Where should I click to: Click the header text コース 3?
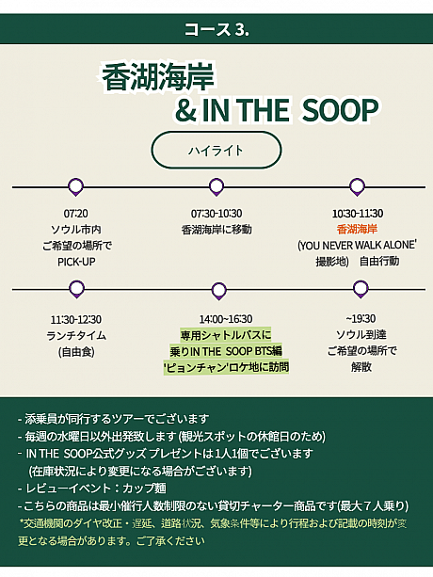(x=216, y=29)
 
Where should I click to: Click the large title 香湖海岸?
(x=158, y=77)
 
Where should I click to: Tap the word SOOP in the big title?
(x=340, y=110)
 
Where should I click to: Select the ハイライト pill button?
(x=216, y=151)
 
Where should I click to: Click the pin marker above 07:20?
(x=76, y=186)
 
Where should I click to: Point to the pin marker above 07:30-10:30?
(x=216, y=186)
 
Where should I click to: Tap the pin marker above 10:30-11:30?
(x=357, y=186)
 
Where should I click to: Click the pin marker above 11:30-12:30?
(x=76, y=289)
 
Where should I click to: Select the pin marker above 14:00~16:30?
(x=219, y=291)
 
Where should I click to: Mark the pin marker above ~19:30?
(x=361, y=289)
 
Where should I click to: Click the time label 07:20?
(x=76, y=214)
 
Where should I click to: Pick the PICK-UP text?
(x=76, y=262)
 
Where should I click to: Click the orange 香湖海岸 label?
(x=357, y=230)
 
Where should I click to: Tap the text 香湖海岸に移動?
(x=216, y=230)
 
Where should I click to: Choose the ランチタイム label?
(x=76, y=336)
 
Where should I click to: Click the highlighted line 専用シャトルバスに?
(x=226, y=335)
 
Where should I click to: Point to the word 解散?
(x=361, y=367)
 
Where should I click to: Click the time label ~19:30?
(x=361, y=319)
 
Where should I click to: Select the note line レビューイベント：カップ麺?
(x=92, y=489)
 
